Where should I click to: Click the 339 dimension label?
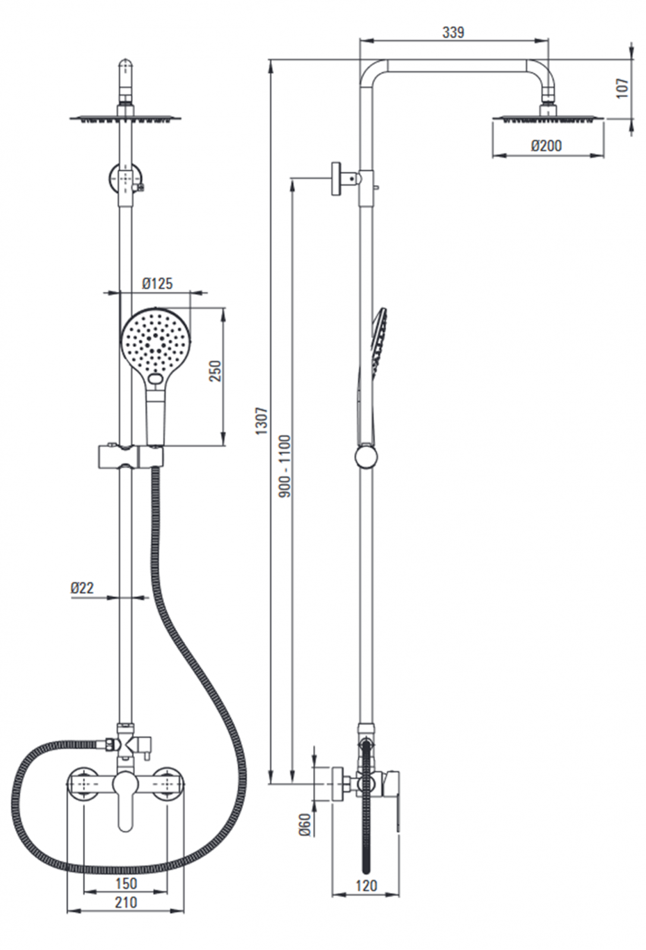tap(453, 33)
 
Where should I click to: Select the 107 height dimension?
tap(622, 88)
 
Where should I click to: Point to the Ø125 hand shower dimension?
tap(157, 284)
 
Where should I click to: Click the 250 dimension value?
tap(215, 371)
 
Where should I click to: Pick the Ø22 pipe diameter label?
tap(82, 588)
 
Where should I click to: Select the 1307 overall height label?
tap(261, 420)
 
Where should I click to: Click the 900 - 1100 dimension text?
tap(285, 466)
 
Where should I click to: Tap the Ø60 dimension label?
tap(304, 825)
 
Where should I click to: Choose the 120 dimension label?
tap(366, 886)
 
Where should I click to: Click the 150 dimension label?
tap(126, 883)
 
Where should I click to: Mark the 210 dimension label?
tap(126, 902)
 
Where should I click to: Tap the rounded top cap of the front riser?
tap(125, 66)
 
